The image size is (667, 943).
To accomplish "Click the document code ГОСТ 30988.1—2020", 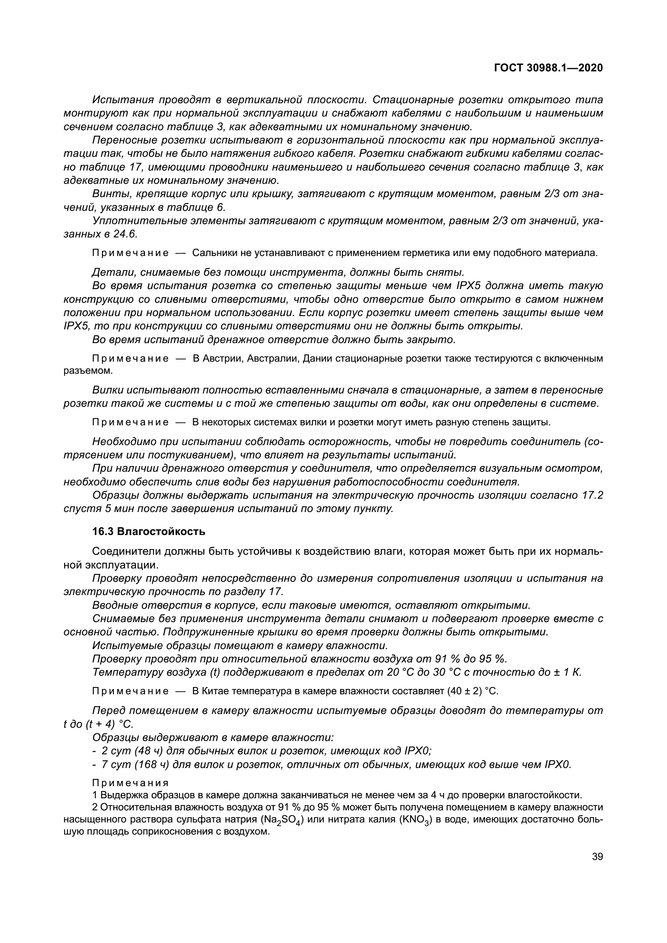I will (549, 68).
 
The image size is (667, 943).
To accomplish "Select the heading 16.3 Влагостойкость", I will (149, 531).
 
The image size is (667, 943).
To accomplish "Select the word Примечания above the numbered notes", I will (130, 783).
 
